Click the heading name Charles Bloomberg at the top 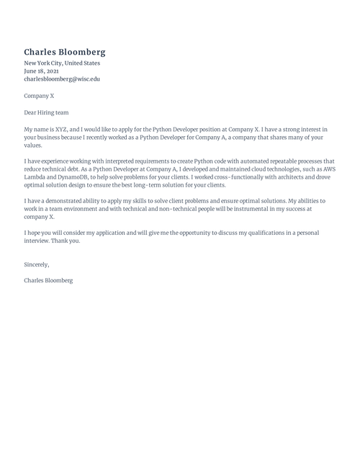click(x=65, y=52)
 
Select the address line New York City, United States click(x=62, y=63)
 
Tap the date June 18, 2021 click(x=42, y=71)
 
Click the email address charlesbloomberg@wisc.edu click(x=62, y=79)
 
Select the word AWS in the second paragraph click(x=328, y=169)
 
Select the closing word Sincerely click(x=37, y=265)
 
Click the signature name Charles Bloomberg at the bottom click(x=48, y=279)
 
